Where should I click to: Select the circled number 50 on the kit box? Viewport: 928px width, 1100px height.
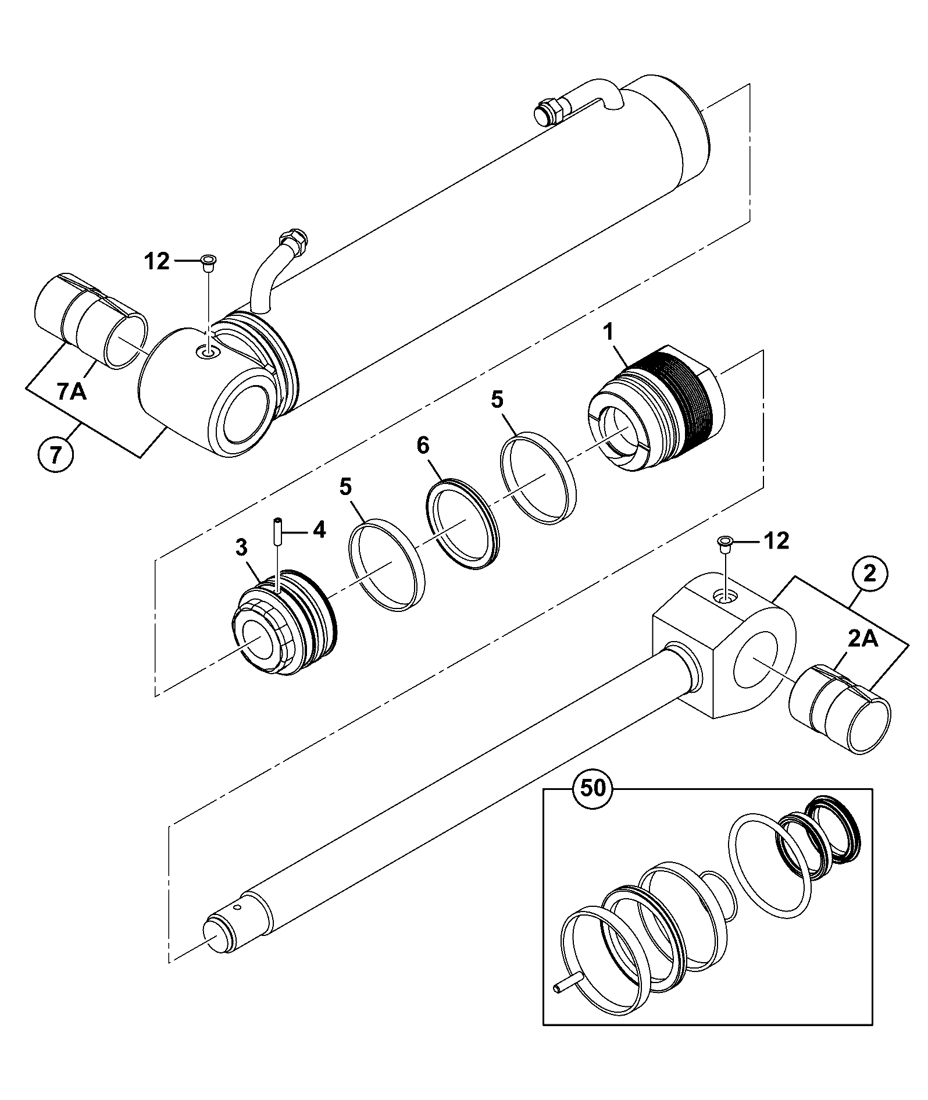point(591,788)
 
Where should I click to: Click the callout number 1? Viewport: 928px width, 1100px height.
point(608,333)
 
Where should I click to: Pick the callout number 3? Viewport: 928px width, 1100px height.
point(241,547)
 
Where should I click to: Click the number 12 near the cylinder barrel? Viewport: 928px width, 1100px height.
point(156,262)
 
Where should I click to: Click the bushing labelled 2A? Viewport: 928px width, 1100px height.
point(840,709)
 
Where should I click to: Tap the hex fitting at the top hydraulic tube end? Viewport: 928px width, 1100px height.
point(548,110)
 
